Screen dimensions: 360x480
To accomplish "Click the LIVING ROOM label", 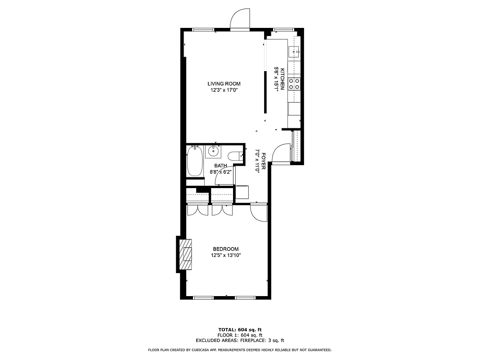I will [224, 84].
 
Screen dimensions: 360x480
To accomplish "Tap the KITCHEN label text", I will [283, 79].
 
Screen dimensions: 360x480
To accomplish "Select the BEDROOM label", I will [225, 249].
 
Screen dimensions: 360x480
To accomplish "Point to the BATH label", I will [220, 166].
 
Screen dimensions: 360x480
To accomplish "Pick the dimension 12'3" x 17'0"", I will [224, 90].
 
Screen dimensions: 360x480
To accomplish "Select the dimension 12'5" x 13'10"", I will [225, 256].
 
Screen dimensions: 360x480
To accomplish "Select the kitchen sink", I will [294, 51].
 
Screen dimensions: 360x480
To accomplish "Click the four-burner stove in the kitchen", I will [294, 84].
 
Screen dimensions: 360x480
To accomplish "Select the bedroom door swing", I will [260, 212].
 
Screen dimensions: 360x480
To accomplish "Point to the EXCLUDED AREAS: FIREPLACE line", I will [240, 341].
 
